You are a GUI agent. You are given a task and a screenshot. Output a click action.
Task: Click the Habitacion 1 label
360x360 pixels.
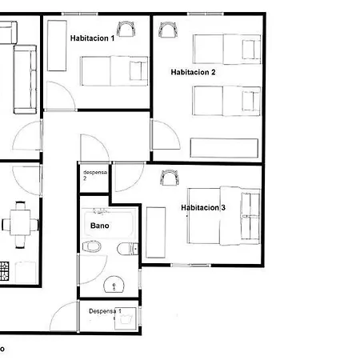[92, 38]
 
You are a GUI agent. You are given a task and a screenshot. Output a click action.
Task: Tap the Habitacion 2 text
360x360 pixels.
[193, 72]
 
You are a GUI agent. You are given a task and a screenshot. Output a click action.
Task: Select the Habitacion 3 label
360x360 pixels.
[203, 207]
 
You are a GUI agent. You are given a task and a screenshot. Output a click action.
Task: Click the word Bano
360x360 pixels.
[100, 226]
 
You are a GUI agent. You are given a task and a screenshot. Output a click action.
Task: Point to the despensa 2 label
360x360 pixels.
[95, 175]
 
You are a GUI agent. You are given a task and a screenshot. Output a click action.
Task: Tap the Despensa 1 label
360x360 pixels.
[105, 311]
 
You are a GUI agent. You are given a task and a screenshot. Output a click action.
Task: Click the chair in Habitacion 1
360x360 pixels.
[126, 29]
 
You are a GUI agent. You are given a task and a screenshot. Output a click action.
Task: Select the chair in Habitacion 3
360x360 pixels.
[170, 178]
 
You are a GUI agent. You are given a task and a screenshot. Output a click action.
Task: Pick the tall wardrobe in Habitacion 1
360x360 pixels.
[57, 46]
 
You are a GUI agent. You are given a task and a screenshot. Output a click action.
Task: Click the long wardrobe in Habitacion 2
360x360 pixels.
[224, 148]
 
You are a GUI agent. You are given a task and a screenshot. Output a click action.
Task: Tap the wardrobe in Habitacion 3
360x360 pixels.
[156, 232]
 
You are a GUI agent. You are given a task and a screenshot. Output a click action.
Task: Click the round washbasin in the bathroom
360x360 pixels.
[114, 284]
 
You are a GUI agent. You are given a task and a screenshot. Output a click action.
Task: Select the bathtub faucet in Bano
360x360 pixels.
[100, 212]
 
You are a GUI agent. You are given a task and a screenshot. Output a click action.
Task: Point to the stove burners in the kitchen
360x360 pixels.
[4, 271]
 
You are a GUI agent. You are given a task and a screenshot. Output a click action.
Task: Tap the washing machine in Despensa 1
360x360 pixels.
[126, 318]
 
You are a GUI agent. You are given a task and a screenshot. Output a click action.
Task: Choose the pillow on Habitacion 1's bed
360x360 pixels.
[136, 70]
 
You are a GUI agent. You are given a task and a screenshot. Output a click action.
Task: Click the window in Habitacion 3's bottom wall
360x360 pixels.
[191, 265]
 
